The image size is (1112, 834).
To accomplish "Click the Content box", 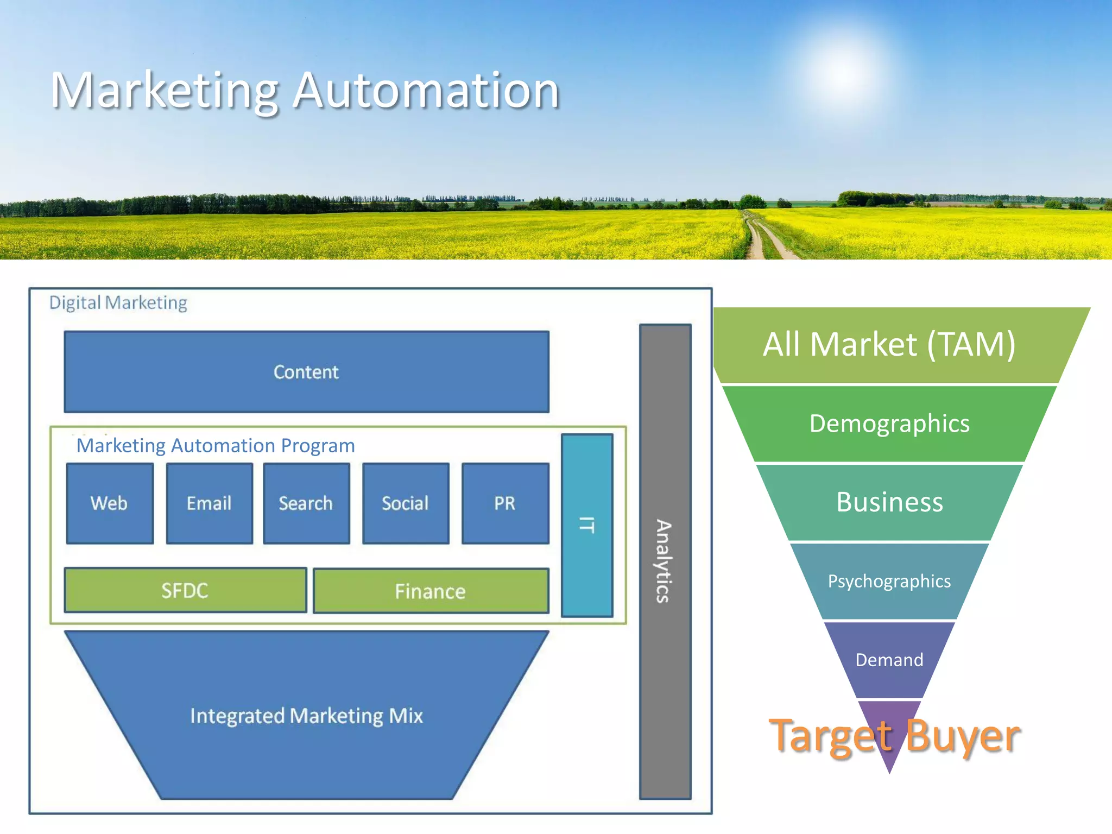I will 306,372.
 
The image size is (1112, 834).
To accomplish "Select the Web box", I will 110,503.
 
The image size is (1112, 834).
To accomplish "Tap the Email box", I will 209,503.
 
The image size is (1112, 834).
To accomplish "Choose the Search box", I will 306,503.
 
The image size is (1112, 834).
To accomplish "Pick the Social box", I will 406,503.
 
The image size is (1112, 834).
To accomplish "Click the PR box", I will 505,503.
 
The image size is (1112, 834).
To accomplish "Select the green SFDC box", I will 185,590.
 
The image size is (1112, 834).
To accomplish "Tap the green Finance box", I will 431,591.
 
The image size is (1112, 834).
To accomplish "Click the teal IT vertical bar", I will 587,525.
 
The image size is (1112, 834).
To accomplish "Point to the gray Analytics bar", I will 665,561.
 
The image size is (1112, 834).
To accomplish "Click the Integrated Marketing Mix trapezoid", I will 306,715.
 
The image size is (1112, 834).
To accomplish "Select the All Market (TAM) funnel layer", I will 889,345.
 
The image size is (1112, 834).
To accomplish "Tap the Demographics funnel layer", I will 889,424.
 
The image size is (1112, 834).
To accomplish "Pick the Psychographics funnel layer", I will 889,581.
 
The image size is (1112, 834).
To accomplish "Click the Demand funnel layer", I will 889,660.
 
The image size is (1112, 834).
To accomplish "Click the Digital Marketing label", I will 118,302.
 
